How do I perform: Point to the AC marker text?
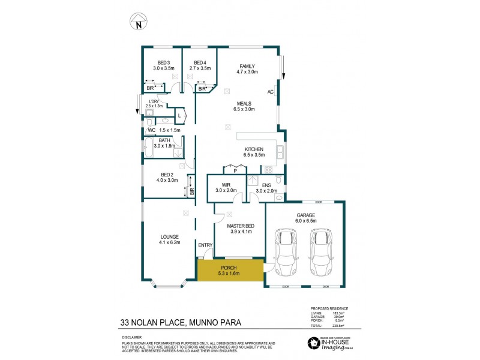tap(271, 92)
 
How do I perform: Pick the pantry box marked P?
tap(235, 170)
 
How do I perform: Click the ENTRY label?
tap(205, 245)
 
